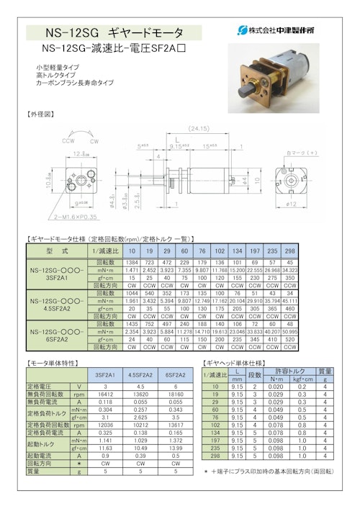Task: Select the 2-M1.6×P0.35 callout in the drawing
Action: (66, 215)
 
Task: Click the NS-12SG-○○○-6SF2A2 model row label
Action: (57, 330)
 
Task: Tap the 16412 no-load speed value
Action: (102, 394)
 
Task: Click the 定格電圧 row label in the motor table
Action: (41, 386)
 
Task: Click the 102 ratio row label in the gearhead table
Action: (215, 424)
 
